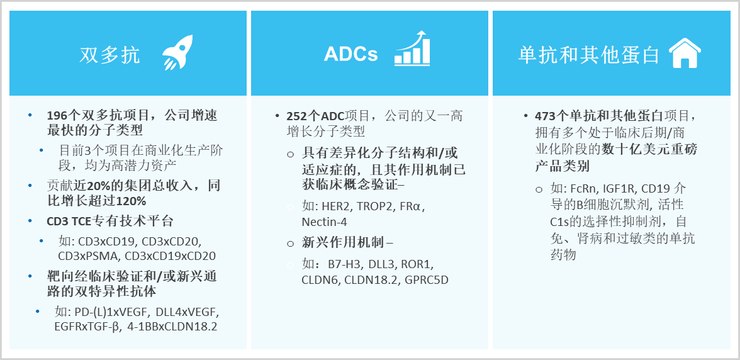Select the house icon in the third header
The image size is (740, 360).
point(685,53)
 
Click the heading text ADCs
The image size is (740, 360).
point(350,54)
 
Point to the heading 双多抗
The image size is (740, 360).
point(110,55)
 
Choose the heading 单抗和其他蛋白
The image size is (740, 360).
point(589,55)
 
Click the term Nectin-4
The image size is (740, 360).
point(324,222)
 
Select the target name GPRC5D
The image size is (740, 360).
point(427,279)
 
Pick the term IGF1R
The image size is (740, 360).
point(618,189)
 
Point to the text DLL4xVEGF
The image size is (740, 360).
point(183,311)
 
